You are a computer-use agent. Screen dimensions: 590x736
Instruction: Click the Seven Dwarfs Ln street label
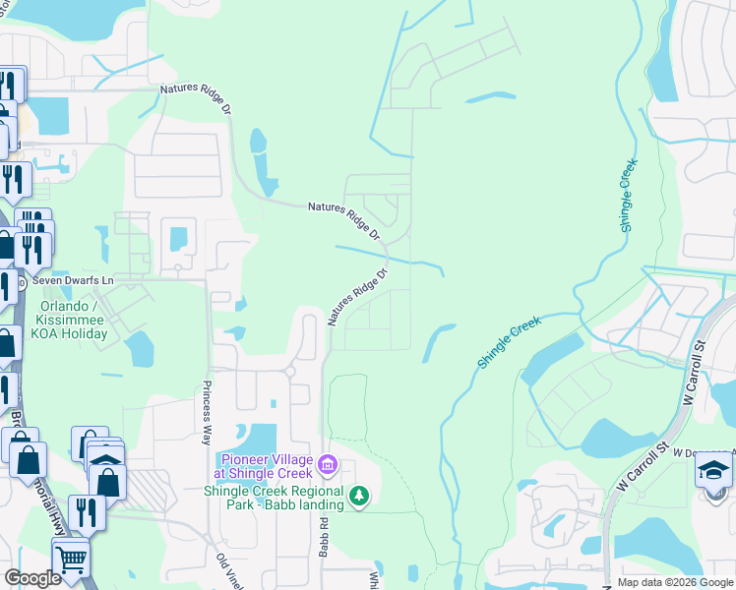click(74, 280)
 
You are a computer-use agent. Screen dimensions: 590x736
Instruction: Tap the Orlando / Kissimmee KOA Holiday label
click(73, 320)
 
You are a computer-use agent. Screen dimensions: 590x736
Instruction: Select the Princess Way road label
click(208, 402)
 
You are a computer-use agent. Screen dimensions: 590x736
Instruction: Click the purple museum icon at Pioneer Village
click(329, 462)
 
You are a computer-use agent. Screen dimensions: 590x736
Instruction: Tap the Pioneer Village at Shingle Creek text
click(268, 467)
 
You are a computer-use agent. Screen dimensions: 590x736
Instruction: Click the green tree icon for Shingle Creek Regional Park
click(359, 497)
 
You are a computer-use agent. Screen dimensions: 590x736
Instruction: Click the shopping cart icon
click(70, 559)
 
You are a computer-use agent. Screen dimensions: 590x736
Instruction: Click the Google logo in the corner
click(32, 578)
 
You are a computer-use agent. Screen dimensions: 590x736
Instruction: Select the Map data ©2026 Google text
click(674, 582)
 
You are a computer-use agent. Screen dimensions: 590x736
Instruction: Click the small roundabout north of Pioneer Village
click(290, 372)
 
